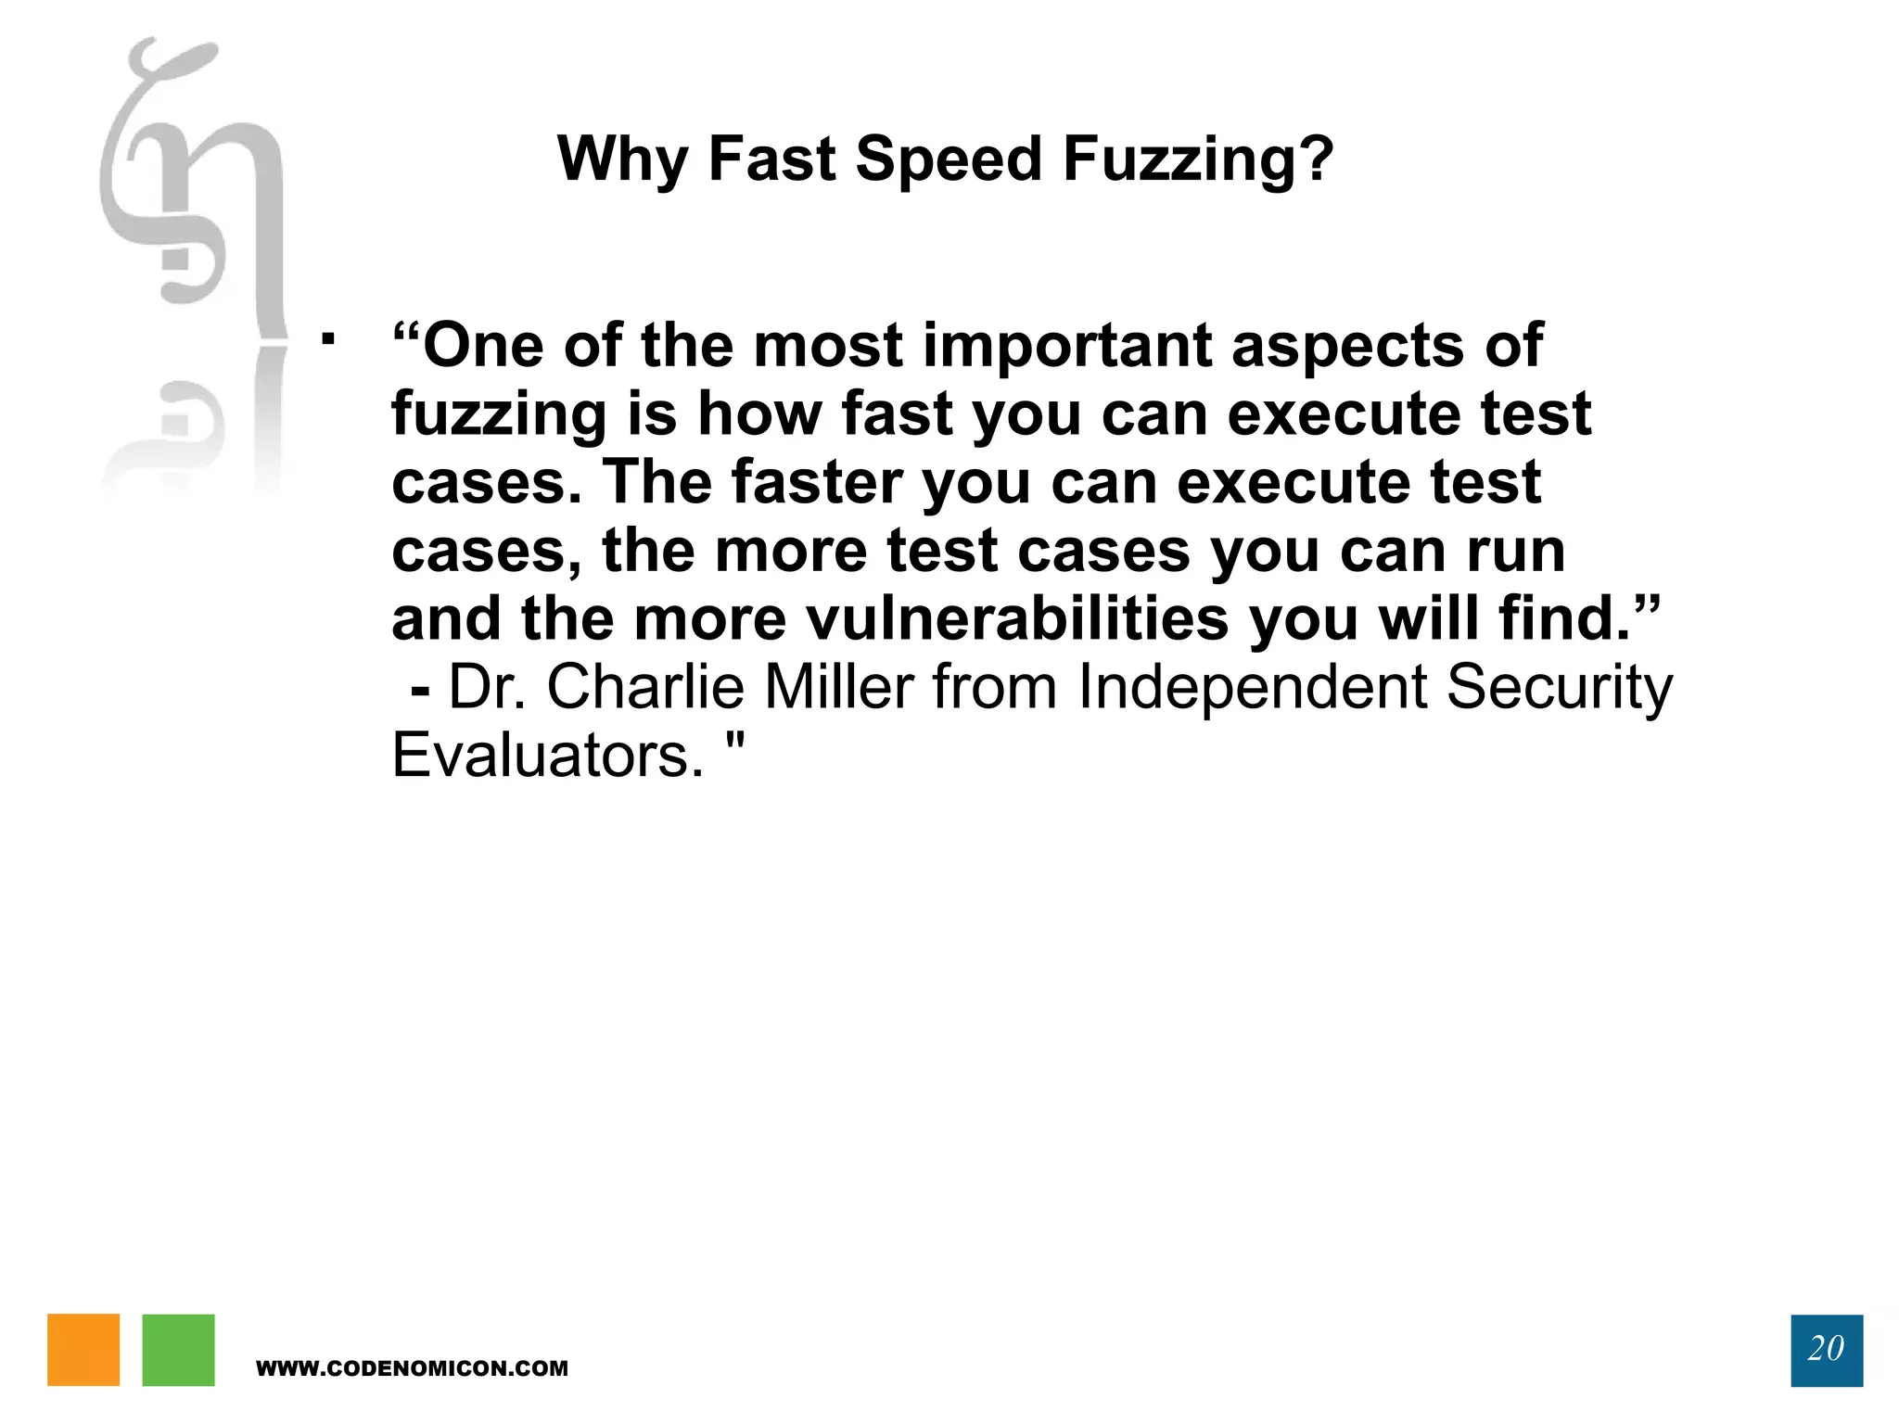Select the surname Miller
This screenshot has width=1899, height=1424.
pos(839,687)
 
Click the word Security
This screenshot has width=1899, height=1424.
pos(1559,687)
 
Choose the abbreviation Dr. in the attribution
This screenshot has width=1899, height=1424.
pos(487,687)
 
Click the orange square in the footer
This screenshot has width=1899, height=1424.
pos(83,1350)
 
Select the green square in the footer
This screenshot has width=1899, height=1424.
pos(178,1350)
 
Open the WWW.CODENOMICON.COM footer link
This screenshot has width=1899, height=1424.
pos(412,1368)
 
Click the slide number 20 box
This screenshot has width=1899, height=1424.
pos(1826,1350)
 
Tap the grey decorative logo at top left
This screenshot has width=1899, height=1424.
pos(190,185)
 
